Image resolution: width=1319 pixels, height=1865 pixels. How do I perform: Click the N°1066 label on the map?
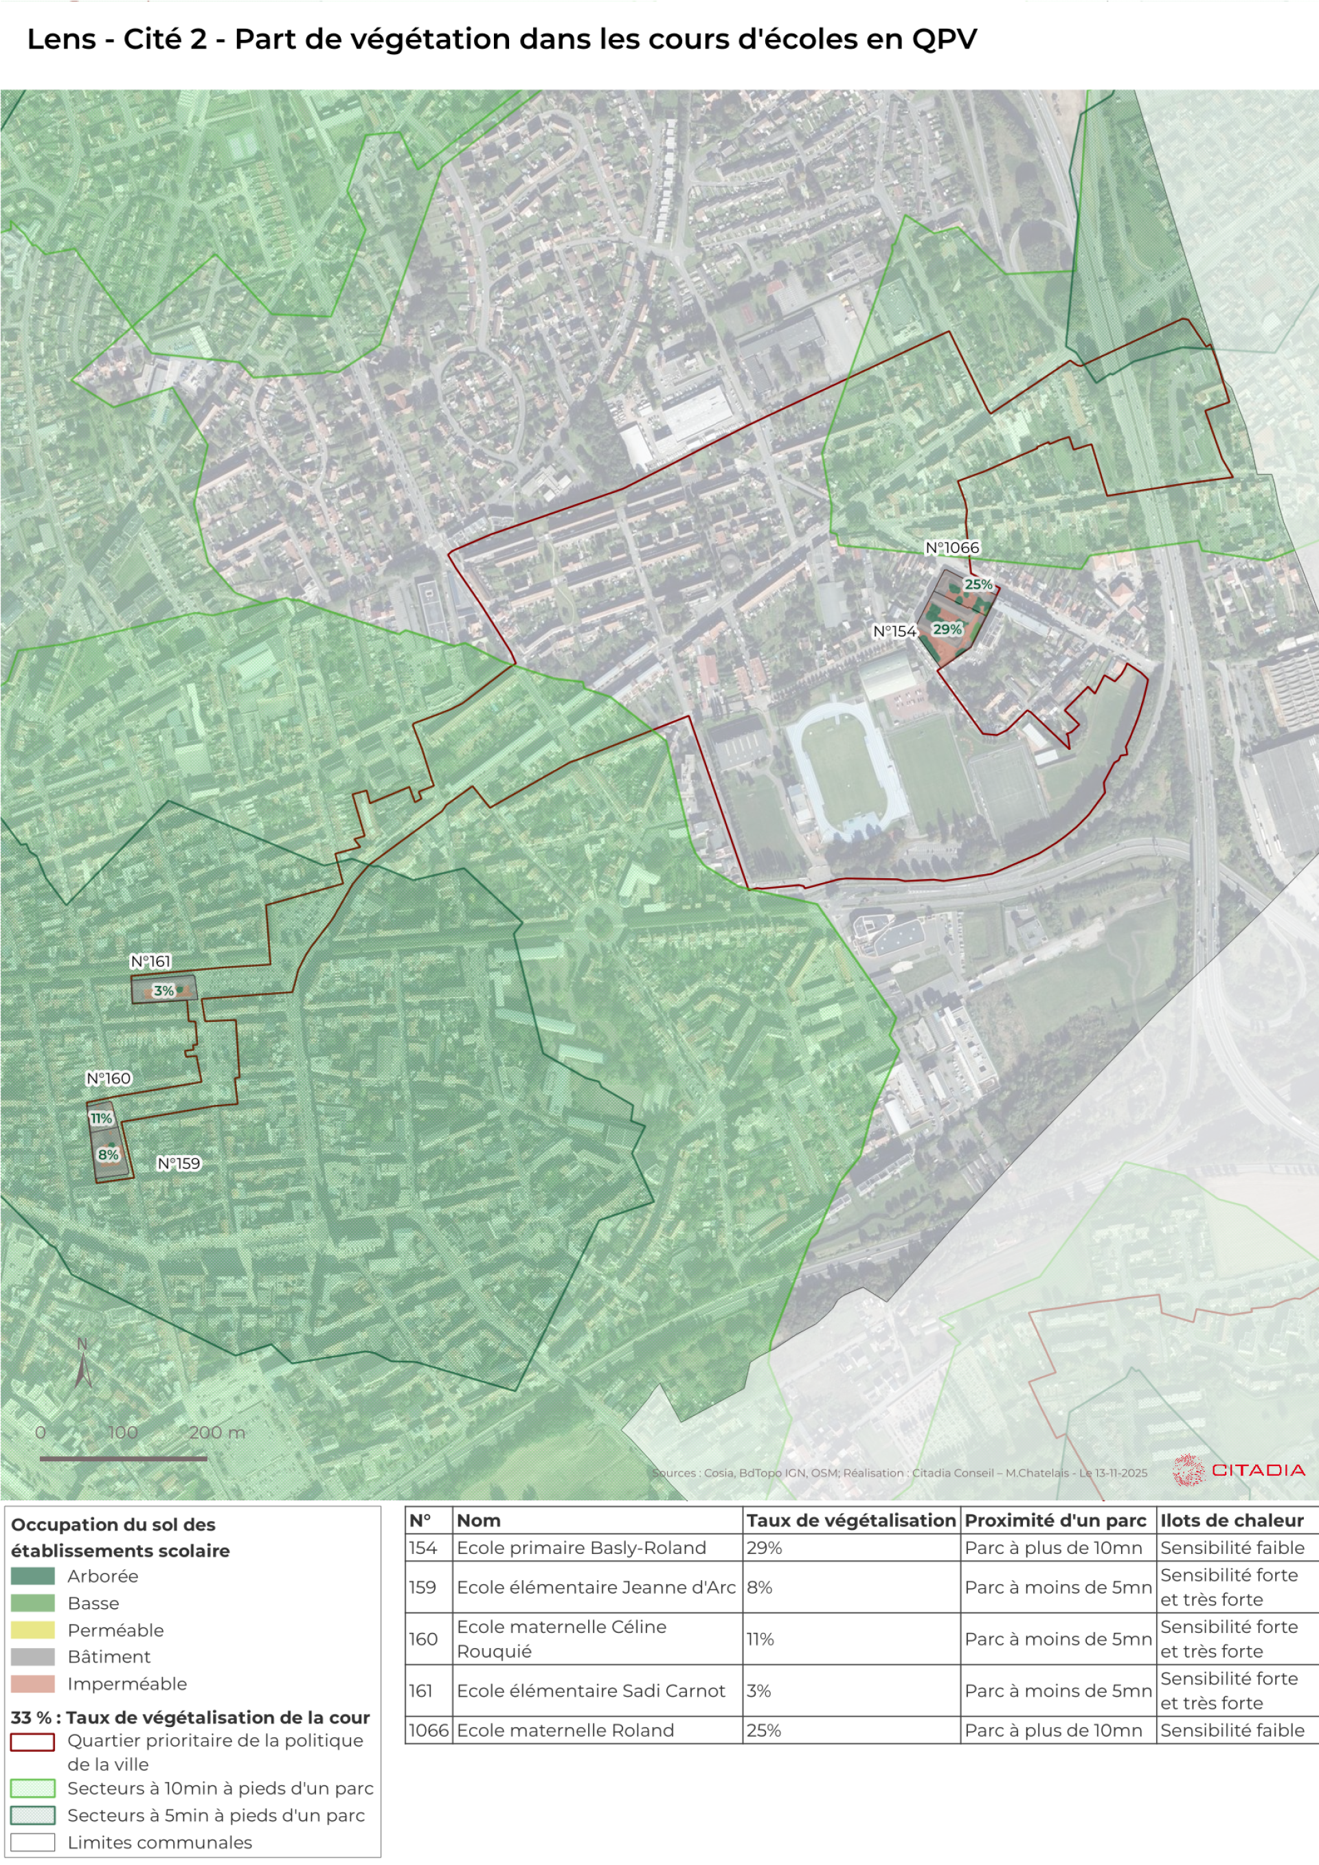tap(952, 548)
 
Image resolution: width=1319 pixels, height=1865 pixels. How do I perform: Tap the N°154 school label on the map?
tap(894, 631)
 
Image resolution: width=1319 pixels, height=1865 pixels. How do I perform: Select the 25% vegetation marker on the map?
tap(978, 584)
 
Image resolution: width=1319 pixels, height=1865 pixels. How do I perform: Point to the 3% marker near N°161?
tap(164, 990)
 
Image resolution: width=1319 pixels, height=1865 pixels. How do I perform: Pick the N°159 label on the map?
tap(179, 1163)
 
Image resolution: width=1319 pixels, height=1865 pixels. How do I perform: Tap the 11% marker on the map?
tap(101, 1119)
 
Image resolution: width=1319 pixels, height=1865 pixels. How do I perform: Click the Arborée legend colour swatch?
tap(32, 1576)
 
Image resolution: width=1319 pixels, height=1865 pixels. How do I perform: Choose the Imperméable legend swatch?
tap(32, 1684)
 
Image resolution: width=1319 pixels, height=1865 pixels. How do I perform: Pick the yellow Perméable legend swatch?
tap(32, 1630)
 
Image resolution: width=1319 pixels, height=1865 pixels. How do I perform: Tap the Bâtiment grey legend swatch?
tap(32, 1657)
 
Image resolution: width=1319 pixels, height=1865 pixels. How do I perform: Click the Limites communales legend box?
tap(32, 1842)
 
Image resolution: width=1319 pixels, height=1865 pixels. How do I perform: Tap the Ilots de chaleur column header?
tap(1231, 1520)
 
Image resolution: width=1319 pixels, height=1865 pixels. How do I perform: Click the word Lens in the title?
tap(61, 39)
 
